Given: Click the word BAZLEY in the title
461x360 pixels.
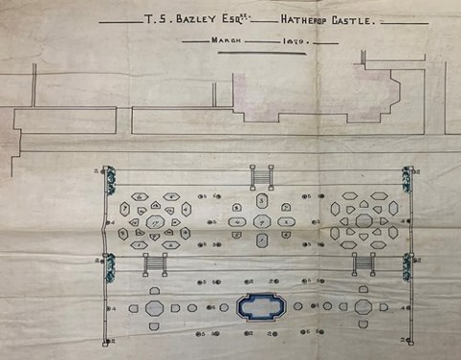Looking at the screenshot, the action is click(202, 19).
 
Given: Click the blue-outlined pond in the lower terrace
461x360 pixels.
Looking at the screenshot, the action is click(261, 307).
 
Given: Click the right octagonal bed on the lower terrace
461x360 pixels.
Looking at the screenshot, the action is click(364, 308).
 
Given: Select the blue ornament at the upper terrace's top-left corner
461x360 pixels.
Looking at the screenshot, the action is click(110, 176).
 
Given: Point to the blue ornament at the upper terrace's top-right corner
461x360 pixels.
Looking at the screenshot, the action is click(409, 176).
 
